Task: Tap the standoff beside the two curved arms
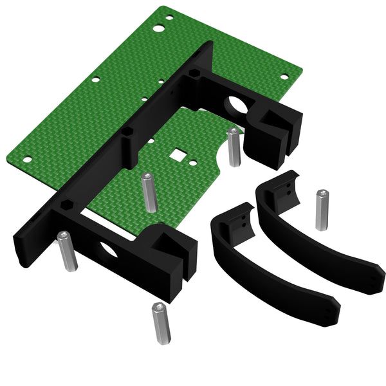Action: (x=322, y=210)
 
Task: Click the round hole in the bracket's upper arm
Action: (x=237, y=104)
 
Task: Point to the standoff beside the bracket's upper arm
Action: (x=234, y=147)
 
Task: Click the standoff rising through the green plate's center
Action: (x=149, y=192)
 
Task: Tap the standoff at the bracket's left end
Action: (x=66, y=250)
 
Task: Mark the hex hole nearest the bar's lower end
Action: (x=66, y=206)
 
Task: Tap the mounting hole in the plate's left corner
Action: (x=28, y=160)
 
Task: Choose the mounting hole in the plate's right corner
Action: (x=284, y=76)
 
